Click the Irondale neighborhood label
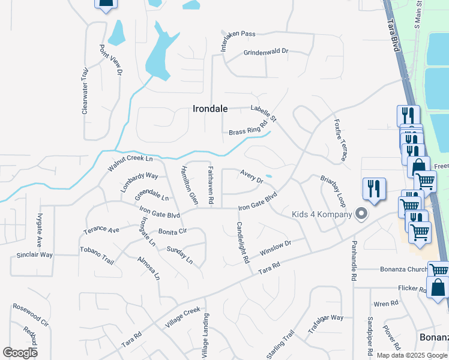[x=210, y=109]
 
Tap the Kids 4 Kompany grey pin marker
[x=361, y=213]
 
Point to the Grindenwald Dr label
[x=265, y=52]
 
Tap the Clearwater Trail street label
[x=85, y=90]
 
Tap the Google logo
[x=20, y=352]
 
